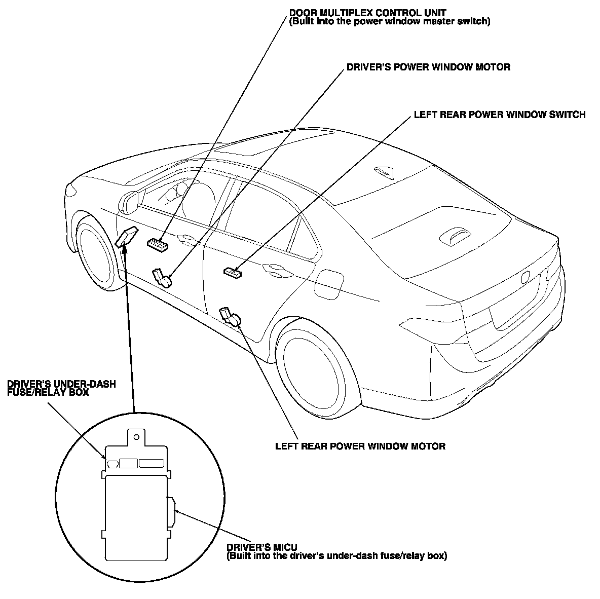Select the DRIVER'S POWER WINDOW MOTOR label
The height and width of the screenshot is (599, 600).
[x=428, y=67]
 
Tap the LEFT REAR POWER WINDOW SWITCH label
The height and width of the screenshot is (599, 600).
[x=499, y=115]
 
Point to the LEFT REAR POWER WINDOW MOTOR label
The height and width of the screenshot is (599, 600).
[x=360, y=446]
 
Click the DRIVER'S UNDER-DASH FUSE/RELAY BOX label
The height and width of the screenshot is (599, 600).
[x=61, y=388]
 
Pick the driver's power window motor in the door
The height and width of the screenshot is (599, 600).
[x=163, y=278]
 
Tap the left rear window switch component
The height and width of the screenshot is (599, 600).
[x=233, y=273]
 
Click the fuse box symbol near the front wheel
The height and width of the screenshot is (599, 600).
[x=126, y=237]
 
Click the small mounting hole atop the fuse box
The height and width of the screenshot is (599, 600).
[x=135, y=435]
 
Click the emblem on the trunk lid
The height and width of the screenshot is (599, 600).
[x=525, y=277]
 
